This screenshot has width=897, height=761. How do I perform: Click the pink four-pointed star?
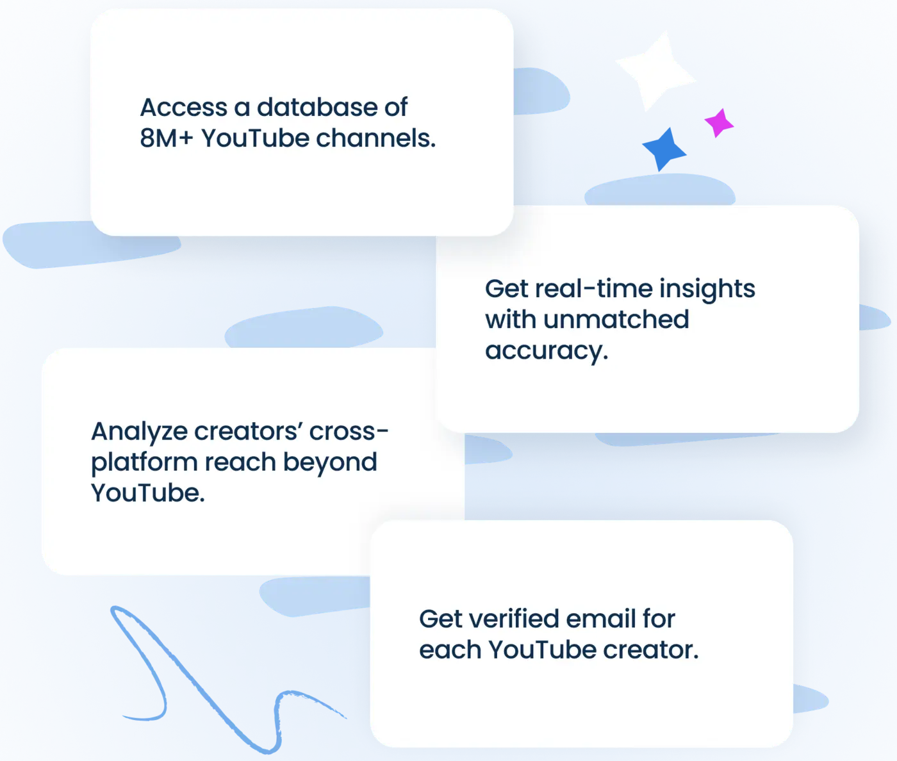point(719,123)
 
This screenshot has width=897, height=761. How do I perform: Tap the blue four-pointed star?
point(664,149)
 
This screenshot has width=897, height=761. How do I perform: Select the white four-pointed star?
point(655,70)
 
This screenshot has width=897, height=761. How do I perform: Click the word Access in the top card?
point(184,107)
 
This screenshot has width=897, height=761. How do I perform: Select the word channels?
point(375,138)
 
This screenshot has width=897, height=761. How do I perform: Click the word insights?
point(707,290)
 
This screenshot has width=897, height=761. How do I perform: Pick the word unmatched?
point(616,319)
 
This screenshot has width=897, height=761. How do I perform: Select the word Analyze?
point(139,433)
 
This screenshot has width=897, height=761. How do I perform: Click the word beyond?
point(330,463)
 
